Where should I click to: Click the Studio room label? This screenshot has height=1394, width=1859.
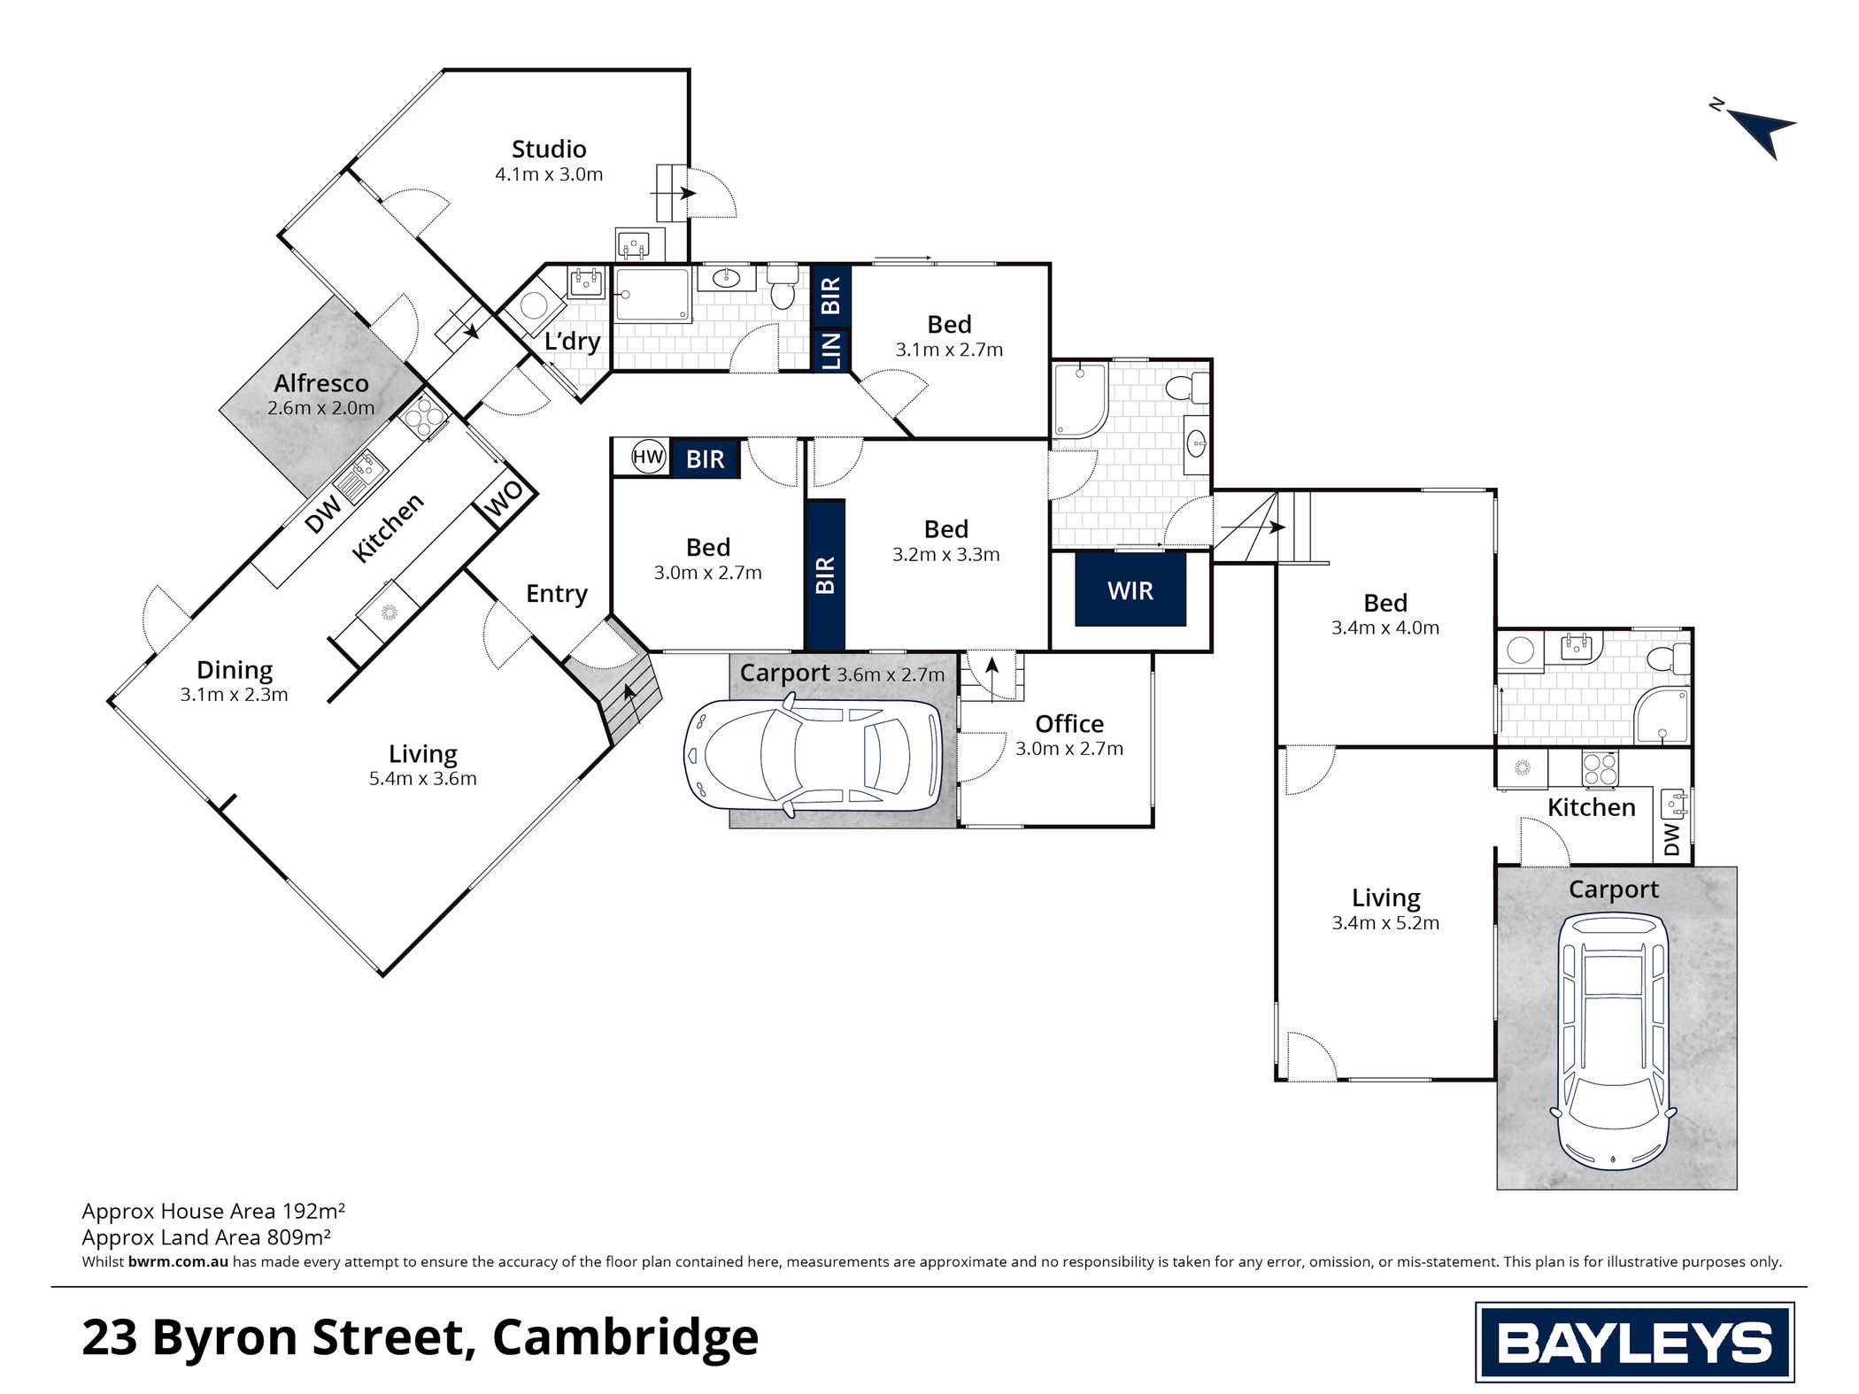click(549, 149)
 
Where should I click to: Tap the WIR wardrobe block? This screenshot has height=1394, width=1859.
click(1130, 589)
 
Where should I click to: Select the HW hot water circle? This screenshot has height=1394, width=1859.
click(648, 458)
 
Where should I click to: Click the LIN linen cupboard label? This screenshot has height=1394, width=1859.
click(832, 350)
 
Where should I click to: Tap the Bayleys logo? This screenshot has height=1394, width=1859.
click(1634, 1342)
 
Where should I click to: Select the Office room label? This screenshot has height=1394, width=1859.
click(1069, 724)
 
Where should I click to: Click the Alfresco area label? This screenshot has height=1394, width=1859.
click(321, 383)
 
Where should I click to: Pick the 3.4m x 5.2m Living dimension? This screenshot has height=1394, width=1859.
click(1385, 923)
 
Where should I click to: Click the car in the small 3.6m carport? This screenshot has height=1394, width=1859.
click(814, 755)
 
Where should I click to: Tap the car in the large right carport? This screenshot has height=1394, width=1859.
click(1616, 1041)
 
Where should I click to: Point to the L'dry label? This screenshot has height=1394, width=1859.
click(572, 341)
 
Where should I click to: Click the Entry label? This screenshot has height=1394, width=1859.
click(557, 594)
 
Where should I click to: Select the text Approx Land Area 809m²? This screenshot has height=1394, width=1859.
click(206, 1237)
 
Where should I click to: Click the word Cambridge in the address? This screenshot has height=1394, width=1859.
click(625, 1337)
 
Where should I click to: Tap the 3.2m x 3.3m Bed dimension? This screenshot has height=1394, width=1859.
click(946, 555)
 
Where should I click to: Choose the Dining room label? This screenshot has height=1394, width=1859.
click(235, 670)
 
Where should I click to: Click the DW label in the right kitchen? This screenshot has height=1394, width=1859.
click(1671, 840)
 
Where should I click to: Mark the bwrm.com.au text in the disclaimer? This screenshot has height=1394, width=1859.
click(178, 1262)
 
